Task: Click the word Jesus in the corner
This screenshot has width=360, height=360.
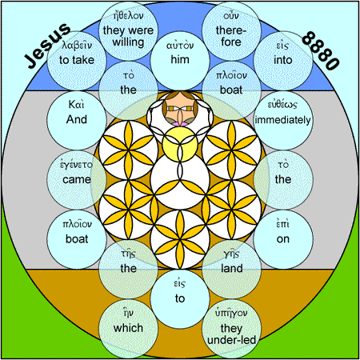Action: pyautogui.click(x=47, y=46)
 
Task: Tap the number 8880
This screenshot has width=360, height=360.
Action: pyautogui.click(x=321, y=50)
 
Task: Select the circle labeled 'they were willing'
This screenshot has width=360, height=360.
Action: pyautogui.click(x=128, y=31)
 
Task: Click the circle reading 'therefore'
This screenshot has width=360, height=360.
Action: pyautogui.click(x=231, y=31)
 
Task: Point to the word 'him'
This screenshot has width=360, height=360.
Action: pyautogui.click(x=180, y=59)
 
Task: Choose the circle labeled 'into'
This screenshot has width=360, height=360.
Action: pyautogui.click(x=283, y=61)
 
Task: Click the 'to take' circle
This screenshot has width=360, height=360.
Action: pyautogui.click(x=77, y=61)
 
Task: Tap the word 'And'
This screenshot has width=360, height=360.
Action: pyautogui.click(x=77, y=119)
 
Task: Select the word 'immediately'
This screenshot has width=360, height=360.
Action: pyautogui.click(x=283, y=120)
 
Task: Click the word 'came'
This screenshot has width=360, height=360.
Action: pyautogui.click(x=77, y=179)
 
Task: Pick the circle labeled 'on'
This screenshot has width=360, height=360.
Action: pyautogui.click(x=283, y=239)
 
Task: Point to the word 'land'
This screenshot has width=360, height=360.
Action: pyautogui.click(x=232, y=268)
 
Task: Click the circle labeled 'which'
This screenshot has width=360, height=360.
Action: pyautogui.click(x=128, y=328)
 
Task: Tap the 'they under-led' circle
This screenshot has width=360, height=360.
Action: pyautogui.click(x=231, y=328)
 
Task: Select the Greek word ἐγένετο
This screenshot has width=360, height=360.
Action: pyautogui.click(x=76, y=164)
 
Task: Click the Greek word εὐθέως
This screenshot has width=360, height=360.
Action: pyautogui.click(x=282, y=105)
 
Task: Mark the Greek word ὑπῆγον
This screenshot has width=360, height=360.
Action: pyautogui.click(x=231, y=313)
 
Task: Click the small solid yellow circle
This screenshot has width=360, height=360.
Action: pyautogui.click(x=180, y=144)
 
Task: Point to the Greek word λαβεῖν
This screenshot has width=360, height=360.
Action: pyautogui.click(x=77, y=46)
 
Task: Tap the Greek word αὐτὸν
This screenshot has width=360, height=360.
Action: pyautogui.click(x=180, y=46)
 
